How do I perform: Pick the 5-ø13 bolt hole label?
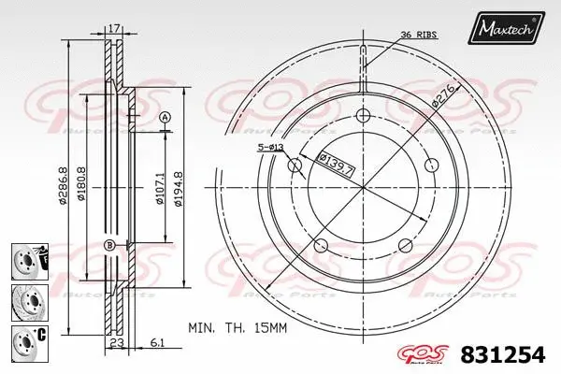point(272,147)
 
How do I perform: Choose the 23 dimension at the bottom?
point(118,343)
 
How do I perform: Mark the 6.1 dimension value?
point(158,343)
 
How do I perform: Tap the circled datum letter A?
point(165,117)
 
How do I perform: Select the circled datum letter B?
point(109,246)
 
